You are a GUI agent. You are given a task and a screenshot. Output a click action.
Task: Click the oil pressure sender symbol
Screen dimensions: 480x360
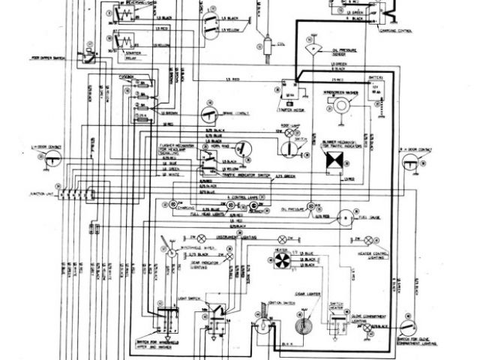point(309,46)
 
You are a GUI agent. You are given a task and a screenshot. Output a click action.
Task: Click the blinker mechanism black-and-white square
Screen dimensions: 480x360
point(330,159)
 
